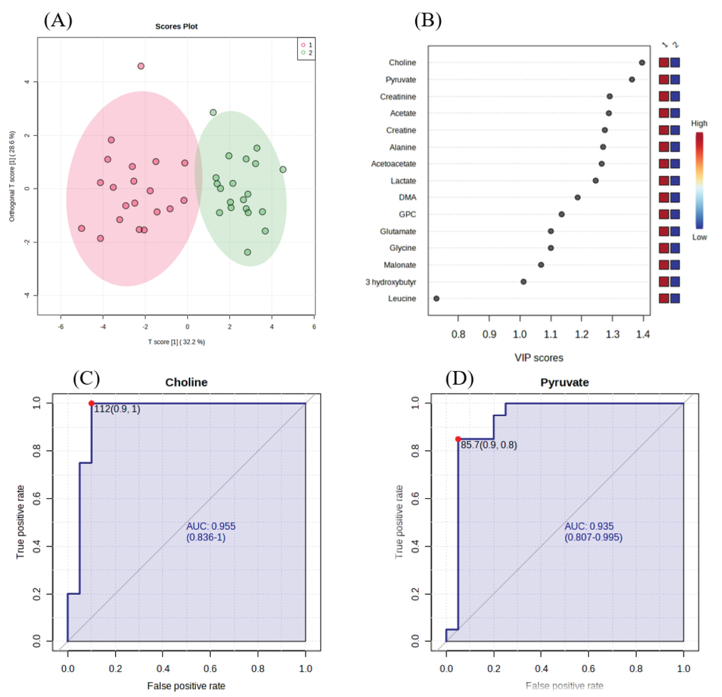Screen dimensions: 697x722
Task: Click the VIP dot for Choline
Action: pyautogui.click(x=642, y=63)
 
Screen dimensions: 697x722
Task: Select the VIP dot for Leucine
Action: pyautogui.click(x=436, y=299)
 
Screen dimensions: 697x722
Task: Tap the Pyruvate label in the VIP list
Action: pyautogui.click(x=400, y=80)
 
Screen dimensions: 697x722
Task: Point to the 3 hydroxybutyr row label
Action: pyautogui.click(x=390, y=282)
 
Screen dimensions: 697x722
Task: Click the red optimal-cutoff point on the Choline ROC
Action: pyautogui.click(x=91, y=404)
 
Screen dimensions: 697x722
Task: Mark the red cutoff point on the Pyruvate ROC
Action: pyautogui.click(x=458, y=439)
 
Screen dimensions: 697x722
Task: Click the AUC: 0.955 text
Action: pyautogui.click(x=211, y=526)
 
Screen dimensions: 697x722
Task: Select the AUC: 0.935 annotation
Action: pyautogui.click(x=589, y=526)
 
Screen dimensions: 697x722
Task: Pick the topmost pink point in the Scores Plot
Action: pyautogui.click(x=141, y=66)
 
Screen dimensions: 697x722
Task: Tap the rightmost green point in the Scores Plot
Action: pyautogui.click(x=283, y=170)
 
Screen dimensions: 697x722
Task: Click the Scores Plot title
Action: pyautogui.click(x=176, y=26)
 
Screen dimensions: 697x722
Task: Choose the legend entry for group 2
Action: pyautogui.click(x=307, y=53)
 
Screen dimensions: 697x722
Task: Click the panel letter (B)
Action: pyautogui.click(x=427, y=20)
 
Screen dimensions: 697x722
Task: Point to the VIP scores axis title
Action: pyautogui.click(x=539, y=358)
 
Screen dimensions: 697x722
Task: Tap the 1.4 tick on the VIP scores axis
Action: pyautogui.click(x=643, y=334)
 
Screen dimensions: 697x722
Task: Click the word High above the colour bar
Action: pyautogui.click(x=699, y=124)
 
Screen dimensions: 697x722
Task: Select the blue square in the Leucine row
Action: pyautogui.click(x=675, y=299)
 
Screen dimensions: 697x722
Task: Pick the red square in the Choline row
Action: pyautogui.click(x=664, y=63)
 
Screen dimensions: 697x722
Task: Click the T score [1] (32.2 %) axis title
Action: pyautogui.click(x=176, y=342)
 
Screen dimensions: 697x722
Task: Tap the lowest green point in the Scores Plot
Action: pyautogui.click(x=247, y=252)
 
